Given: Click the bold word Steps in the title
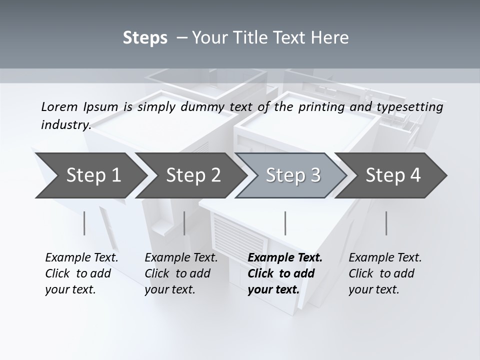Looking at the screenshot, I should [x=145, y=38].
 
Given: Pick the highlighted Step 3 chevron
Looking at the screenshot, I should [x=293, y=175].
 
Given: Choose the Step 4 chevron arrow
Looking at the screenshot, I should [x=393, y=175].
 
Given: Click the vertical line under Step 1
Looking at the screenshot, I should [x=84, y=223].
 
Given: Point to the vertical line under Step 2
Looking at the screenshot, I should [x=184, y=223].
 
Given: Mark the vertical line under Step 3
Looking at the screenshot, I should [x=285, y=223].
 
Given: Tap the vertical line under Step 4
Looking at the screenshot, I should [x=386, y=223].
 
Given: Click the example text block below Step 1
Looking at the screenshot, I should [x=81, y=273].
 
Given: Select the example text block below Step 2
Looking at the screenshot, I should [x=181, y=273].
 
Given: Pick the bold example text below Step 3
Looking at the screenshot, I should [x=285, y=273].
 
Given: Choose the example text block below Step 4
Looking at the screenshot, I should [x=385, y=273].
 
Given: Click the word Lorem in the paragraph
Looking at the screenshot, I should [x=59, y=107].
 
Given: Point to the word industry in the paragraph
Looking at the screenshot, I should [x=65, y=125].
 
